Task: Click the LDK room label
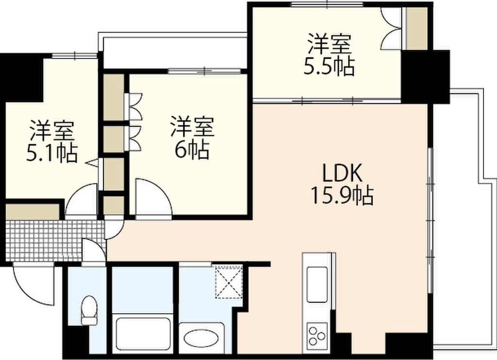click(x=342, y=173)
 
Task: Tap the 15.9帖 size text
click(x=342, y=196)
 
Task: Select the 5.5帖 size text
click(x=329, y=67)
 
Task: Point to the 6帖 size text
click(x=192, y=150)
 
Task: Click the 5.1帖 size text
click(x=52, y=154)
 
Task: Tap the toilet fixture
click(x=89, y=310)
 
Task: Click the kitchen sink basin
click(x=317, y=285)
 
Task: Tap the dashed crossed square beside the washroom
click(x=229, y=282)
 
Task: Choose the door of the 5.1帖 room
click(x=82, y=201)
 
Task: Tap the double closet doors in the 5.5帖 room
click(x=392, y=29)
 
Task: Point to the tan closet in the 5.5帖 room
click(x=416, y=28)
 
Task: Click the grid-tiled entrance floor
click(x=54, y=241)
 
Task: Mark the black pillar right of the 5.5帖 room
click(x=425, y=77)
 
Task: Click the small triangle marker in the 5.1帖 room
click(x=92, y=163)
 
